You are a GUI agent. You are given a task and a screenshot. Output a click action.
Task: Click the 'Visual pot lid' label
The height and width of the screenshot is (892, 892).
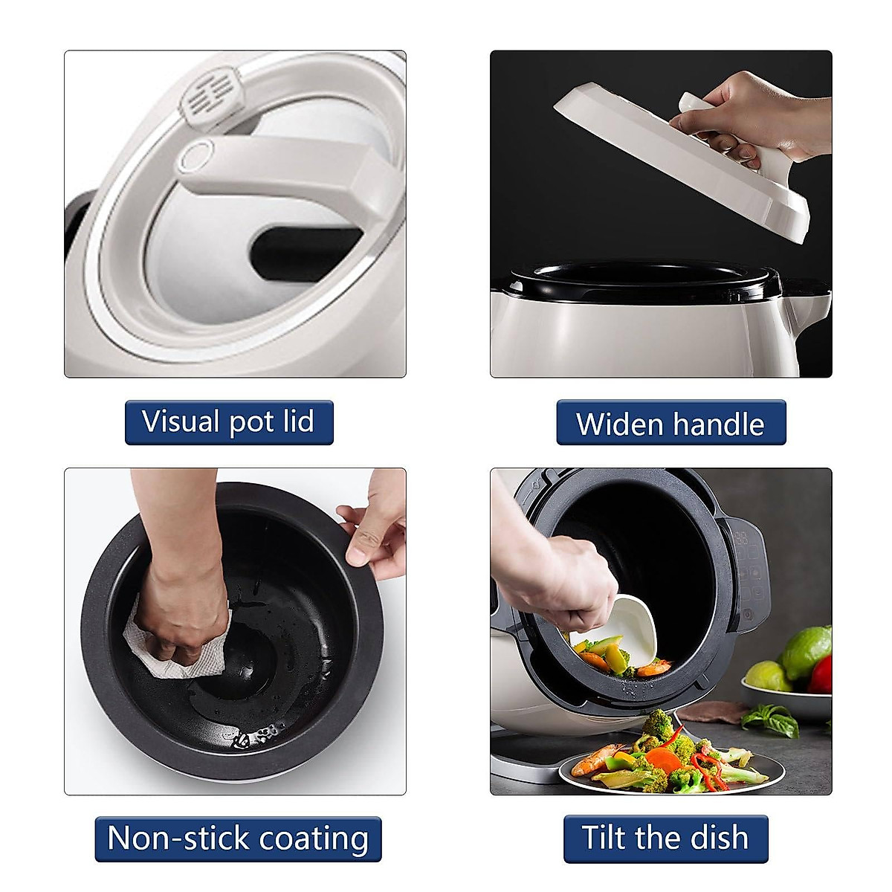(x=228, y=422)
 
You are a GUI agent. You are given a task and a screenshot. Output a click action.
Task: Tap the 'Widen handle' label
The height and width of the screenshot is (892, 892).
(x=670, y=423)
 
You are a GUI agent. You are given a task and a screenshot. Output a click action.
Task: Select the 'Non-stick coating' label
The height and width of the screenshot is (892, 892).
(x=238, y=838)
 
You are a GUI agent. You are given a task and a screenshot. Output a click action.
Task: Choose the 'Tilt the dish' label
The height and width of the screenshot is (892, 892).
(x=665, y=838)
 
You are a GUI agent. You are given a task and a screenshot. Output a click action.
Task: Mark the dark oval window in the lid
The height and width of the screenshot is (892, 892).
(x=297, y=253)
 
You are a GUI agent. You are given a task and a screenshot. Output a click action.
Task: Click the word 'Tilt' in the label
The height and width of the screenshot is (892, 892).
(x=603, y=838)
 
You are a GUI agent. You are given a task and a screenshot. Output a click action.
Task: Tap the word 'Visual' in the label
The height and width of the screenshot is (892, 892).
(x=181, y=421)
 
